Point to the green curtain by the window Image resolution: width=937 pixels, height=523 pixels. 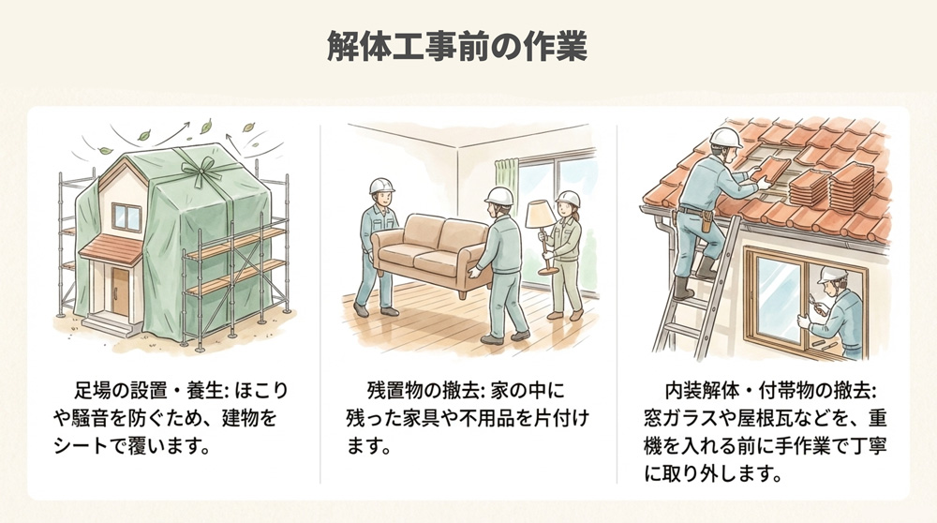click(x=506, y=192)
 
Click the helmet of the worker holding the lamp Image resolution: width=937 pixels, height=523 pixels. click(x=568, y=199)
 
